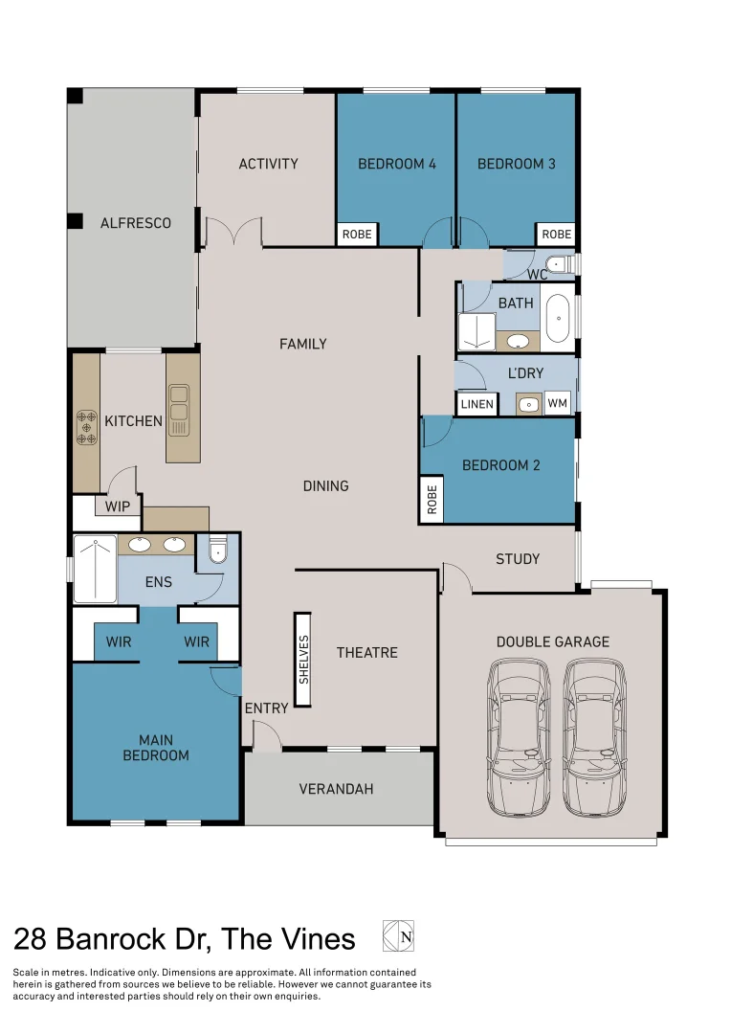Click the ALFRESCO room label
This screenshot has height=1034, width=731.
(x=136, y=223)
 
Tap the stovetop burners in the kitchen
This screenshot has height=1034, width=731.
(x=86, y=426)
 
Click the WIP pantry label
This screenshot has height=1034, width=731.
(x=117, y=506)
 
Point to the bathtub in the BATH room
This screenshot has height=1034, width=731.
(x=557, y=318)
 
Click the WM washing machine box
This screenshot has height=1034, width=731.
(x=557, y=404)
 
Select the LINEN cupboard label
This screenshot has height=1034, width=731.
(x=477, y=404)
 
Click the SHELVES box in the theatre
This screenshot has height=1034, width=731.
(x=303, y=660)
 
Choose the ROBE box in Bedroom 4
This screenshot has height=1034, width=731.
(x=357, y=235)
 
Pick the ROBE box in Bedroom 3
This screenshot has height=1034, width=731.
(x=556, y=235)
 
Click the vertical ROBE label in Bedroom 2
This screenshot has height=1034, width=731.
(x=432, y=500)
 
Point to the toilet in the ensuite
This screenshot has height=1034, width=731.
(x=217, y=549)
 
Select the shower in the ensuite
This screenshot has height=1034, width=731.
(x=95, y=570)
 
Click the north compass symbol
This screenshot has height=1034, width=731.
(x=398, y=935)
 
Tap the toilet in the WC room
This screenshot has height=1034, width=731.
(x=556, y=263)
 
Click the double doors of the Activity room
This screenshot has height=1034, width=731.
(x=233, y=233)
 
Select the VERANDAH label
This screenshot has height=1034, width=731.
(x=336, y=790)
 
